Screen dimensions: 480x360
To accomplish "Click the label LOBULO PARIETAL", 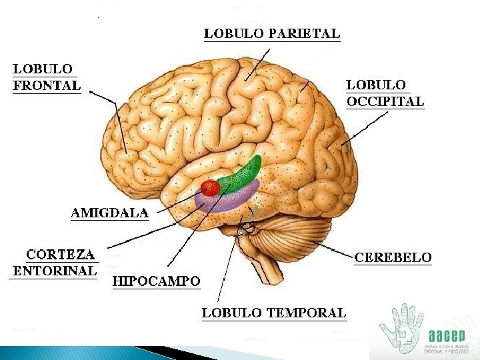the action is [x=271, y=33].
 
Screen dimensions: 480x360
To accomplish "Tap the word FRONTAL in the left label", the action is [x=47, y=85].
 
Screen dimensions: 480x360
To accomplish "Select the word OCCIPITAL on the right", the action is [x=385, y=102].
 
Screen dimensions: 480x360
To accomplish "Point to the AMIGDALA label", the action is [x=110, y=213].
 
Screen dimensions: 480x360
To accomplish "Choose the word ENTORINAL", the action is [x=55, y=271].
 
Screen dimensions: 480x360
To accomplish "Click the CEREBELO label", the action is [x=393, y=257].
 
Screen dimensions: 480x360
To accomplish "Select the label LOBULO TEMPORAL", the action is [x=274, y=312].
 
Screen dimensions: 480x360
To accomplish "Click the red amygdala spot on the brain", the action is [x=211, y=188].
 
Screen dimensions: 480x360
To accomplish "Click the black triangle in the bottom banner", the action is [x=160, y=352].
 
